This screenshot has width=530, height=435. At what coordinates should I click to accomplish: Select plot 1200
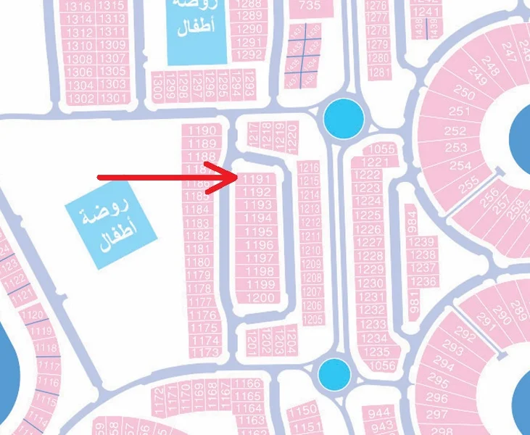(260, 297)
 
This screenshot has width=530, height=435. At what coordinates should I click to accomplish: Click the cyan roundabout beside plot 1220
(342, 118)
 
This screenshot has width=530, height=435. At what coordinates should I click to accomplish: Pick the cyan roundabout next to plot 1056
(334, 373)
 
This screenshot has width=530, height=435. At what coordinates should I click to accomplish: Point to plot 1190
(202, 130)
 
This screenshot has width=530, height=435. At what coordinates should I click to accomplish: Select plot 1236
(423, 281)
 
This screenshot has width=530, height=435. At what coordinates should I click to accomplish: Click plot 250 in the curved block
(463, 94)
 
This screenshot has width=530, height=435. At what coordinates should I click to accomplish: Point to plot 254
(460, 165)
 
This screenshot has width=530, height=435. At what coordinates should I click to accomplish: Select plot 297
(436, 413)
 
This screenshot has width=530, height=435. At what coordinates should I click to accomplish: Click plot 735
(310, 5)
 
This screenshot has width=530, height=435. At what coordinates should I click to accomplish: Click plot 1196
(260, 246)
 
